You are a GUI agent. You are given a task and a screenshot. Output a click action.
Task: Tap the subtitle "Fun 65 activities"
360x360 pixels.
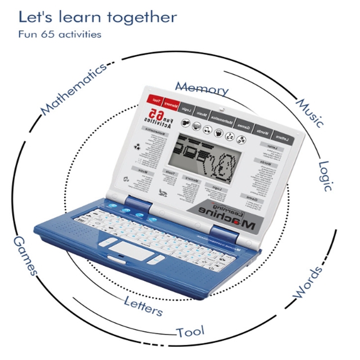(59, 34)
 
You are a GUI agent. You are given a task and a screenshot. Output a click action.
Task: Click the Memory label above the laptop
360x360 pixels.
(202, 88)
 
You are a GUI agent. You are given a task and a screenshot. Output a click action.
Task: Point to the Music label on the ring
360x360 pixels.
(310, 112)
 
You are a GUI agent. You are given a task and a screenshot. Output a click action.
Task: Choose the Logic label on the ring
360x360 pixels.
(326, 175)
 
